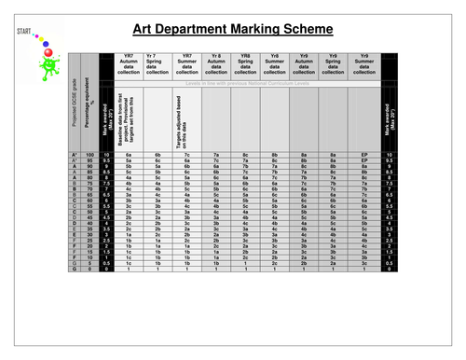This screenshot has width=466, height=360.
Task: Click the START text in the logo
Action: (x=24, y=32)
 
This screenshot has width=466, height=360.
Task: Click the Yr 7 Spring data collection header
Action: (x=158, y=64)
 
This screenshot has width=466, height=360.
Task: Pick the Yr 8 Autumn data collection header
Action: (x=217, y=64)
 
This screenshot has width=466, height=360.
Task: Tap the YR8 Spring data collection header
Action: (x=245, y=64)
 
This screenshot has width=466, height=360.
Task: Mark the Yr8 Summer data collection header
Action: (x=275, y=64)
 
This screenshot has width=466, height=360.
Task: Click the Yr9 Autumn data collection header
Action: (x=304, y=64)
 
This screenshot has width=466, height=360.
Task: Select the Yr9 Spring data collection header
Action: (x=333, y=64)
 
